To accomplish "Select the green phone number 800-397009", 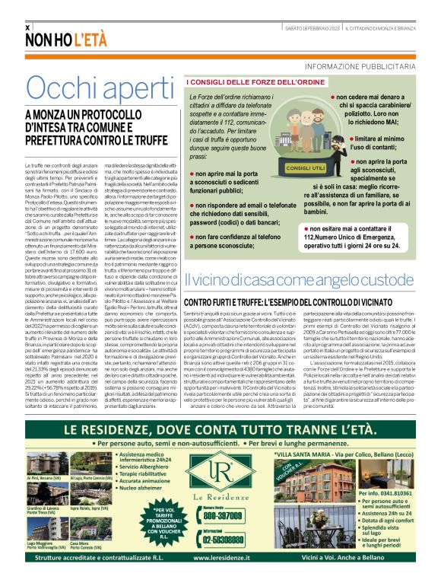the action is click(x=220, y=494).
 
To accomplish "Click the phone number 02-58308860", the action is click(x=220, y=517).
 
